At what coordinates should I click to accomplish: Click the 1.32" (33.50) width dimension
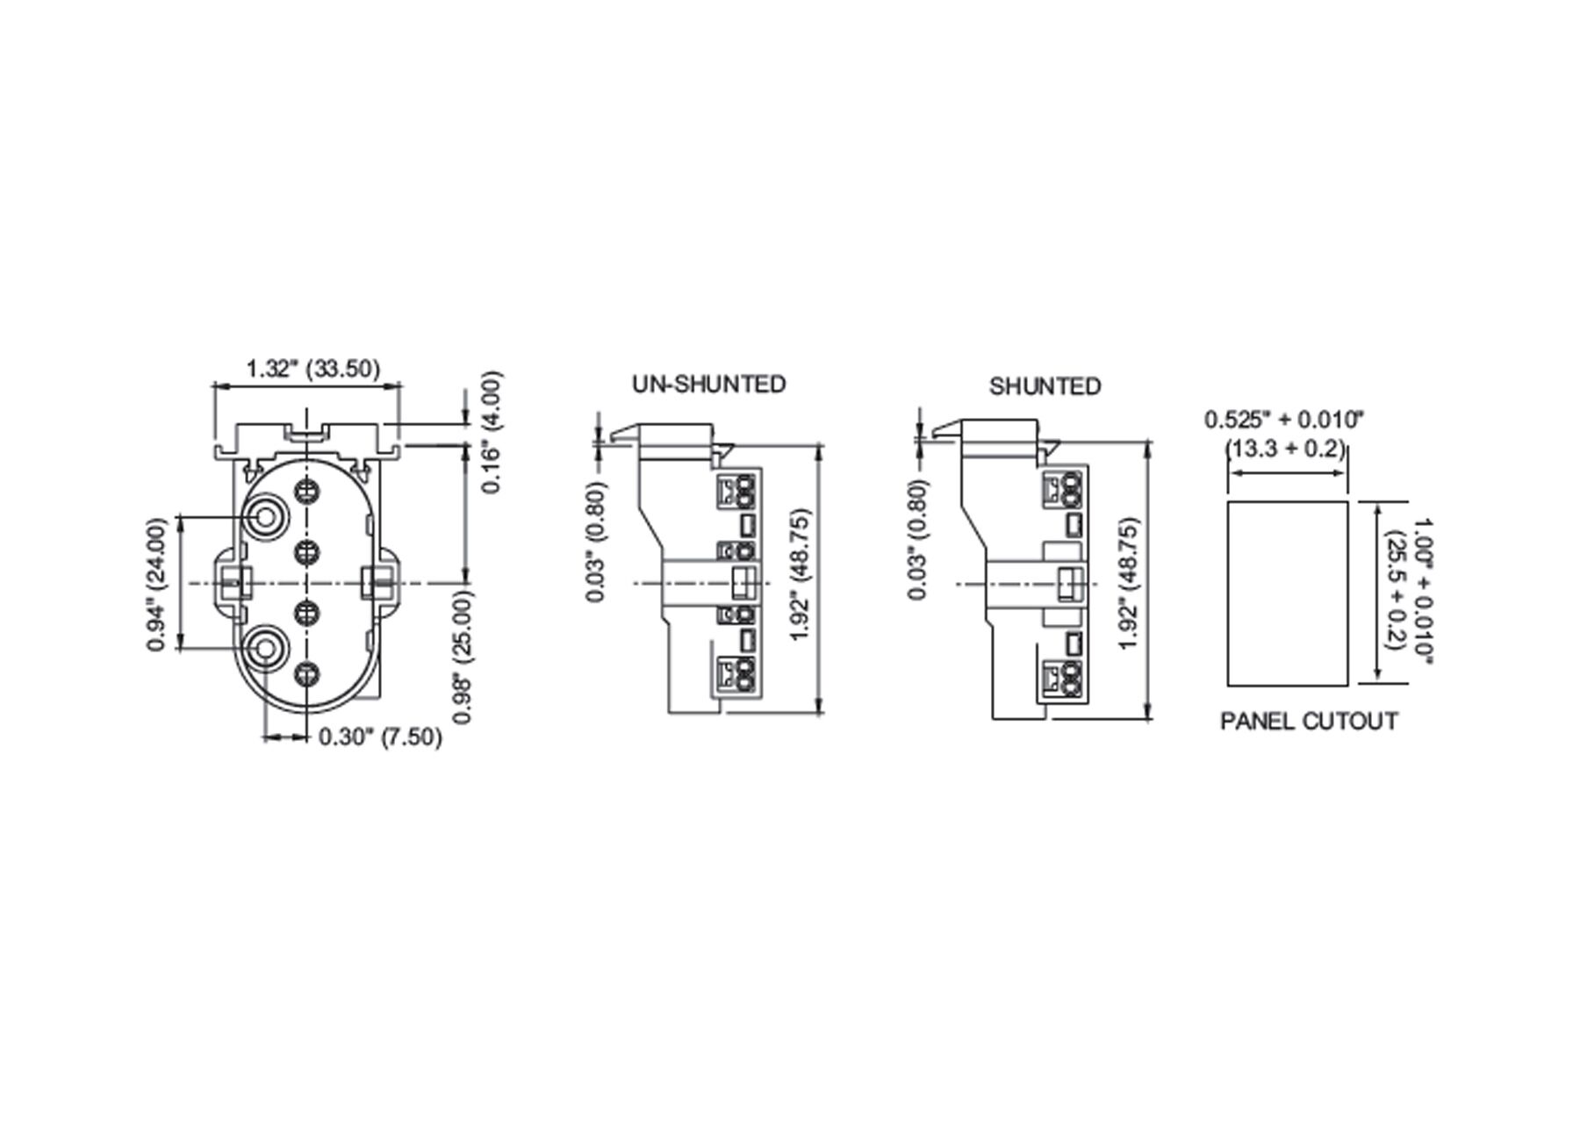312,369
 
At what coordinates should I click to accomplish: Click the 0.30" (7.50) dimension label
379,737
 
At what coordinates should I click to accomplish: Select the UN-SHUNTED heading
709,385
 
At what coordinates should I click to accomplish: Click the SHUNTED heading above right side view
1045,386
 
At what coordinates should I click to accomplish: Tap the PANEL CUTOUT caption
1309,722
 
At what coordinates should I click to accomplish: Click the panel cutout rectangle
1287,593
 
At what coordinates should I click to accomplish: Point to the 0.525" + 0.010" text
1284,419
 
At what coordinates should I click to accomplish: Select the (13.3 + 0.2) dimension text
1285,449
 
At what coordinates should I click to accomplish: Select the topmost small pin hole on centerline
306,491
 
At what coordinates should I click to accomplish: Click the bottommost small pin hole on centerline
306,674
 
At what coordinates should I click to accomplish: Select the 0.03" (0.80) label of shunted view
918,540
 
